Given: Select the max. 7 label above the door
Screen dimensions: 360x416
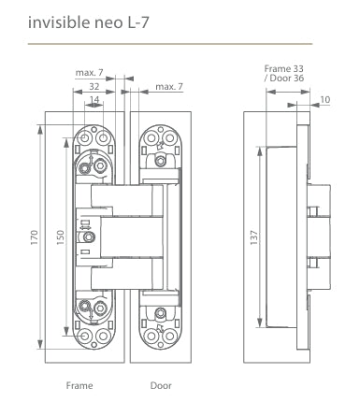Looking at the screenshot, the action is pyautogui.click(x=168, y=86).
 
